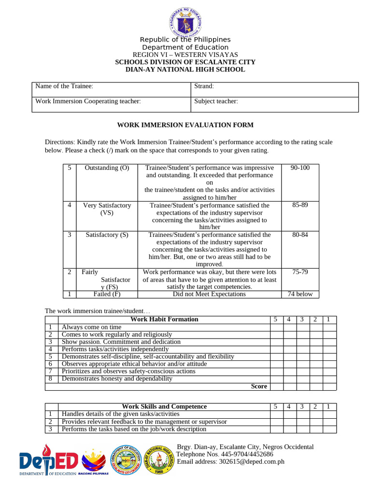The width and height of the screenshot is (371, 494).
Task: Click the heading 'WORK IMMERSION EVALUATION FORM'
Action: [185, 125]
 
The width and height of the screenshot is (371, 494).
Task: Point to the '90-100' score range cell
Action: [300, 168]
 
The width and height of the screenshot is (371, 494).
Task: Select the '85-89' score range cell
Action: [300, 206]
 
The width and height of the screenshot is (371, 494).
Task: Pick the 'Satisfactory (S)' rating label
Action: [107, 235]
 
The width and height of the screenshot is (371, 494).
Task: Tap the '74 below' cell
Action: [300, 294]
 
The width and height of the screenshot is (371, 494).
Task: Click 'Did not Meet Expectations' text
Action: [209, 294]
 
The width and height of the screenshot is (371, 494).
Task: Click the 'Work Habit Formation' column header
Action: [164, 319]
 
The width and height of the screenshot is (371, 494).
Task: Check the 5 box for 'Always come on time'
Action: [276, 327]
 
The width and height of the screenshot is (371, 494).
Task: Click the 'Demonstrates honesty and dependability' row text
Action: [117, 379]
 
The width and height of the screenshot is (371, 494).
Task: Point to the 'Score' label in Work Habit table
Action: [259, 386]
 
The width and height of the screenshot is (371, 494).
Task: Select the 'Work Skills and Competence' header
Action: [164, 407]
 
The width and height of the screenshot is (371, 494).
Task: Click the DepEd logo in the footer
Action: [48, 462]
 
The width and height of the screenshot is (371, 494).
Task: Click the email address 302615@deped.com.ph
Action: [230, 462]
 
